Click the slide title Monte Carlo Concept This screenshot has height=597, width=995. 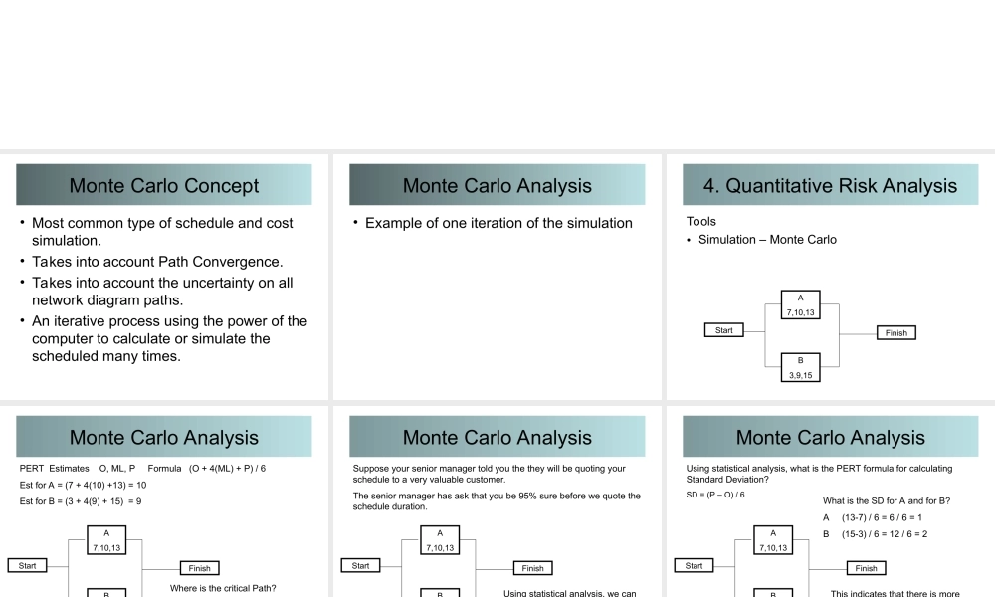pyautogui.click(x=164, y=186)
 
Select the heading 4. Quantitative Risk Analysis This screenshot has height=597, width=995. pyautogui.click(x=830, y=186)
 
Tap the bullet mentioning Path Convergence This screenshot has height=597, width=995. pyautogui.click(x=157, y=262)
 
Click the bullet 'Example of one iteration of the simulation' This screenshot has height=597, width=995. pyautogui.click(x=498, y=223)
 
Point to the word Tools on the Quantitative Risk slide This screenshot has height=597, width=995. pyautogui.click(x=701, y=221)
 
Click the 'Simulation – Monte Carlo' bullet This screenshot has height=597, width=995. pyautogui.click(x=767, y=240)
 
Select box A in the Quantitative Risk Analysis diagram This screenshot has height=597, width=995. pyautogui.click(x=801, y=304)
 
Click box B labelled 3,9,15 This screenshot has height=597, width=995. pyautogui.click(x=801, y=367)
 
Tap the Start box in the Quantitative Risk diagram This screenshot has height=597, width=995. pyautogui.click(x=723, y=330)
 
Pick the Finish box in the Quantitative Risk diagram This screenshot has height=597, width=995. pyautogui.click(x=896, y=333)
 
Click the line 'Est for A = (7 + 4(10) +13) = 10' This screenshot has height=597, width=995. pyautogui.click(x=84, y=485)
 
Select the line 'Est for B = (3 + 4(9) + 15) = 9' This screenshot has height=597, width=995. pyautogui.click(x=81, y=501)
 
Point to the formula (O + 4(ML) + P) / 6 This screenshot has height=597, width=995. pyautogui.click(x=228, y=469)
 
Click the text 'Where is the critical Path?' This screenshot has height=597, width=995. pyautogui.click(x=223, y=588)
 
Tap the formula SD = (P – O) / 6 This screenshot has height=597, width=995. pyautogui.click(x=715, y=495)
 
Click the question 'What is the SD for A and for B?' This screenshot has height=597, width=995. pyautogui.click(x=887, y=500)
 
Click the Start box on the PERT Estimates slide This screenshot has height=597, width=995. pyautogui.click(x=27, y=565)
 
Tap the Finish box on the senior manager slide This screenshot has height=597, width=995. pyautogui.click(x=533, y=568)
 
